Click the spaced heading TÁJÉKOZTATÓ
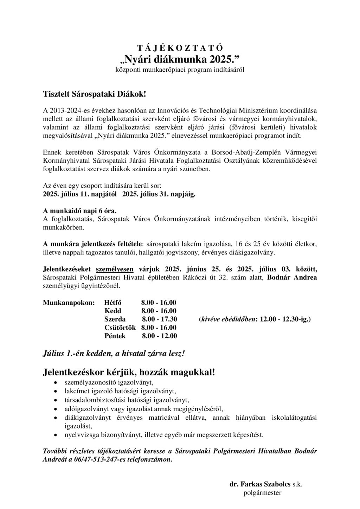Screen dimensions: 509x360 tap(180, 48)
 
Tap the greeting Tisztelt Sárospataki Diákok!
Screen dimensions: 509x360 tap(94, 94)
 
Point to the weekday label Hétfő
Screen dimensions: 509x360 tap(113, 302)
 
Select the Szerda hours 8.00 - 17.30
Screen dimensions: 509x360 tap(159, 319)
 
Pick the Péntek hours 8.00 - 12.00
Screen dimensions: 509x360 tap(159, 336)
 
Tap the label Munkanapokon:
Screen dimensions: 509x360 tap(69, 302)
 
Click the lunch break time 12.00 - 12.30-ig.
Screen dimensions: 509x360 tap(284, 319)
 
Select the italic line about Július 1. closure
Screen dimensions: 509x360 tap(114, 354)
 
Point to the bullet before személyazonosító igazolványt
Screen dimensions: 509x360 tap(56, 382)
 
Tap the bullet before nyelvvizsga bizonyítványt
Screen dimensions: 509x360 tap(56, 435)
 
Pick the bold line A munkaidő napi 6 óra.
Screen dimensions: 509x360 tap(79, 211)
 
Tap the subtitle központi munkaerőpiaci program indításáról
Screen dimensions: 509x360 tap(180, 70)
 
